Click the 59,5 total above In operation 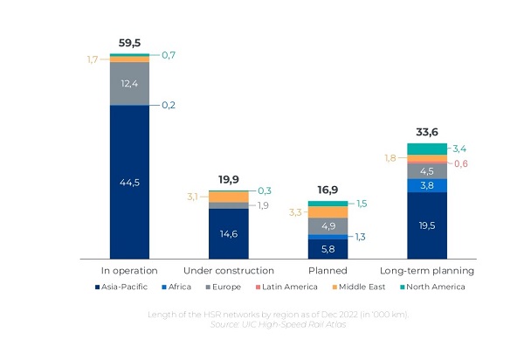(129, 43)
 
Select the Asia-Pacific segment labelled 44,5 (129, 182)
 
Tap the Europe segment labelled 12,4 (129, 84)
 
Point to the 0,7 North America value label (169, 55)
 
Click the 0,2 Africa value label (169, 105)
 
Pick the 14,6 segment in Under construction (229, 234)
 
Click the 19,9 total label (229, 179)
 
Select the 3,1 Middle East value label (192, 197)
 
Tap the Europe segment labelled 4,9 (327, 226)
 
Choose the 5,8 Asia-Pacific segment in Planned (327, 249)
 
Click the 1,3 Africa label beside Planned (360, 237)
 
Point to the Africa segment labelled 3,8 (427, 185)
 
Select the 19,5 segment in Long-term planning (427, 225)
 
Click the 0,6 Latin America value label (461, 163)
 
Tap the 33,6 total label (427, 132)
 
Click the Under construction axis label (229, 270)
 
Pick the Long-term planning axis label (427, 271)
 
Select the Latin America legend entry (286, 287)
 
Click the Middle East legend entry (359, 287)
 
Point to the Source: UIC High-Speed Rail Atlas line (279, 324)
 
